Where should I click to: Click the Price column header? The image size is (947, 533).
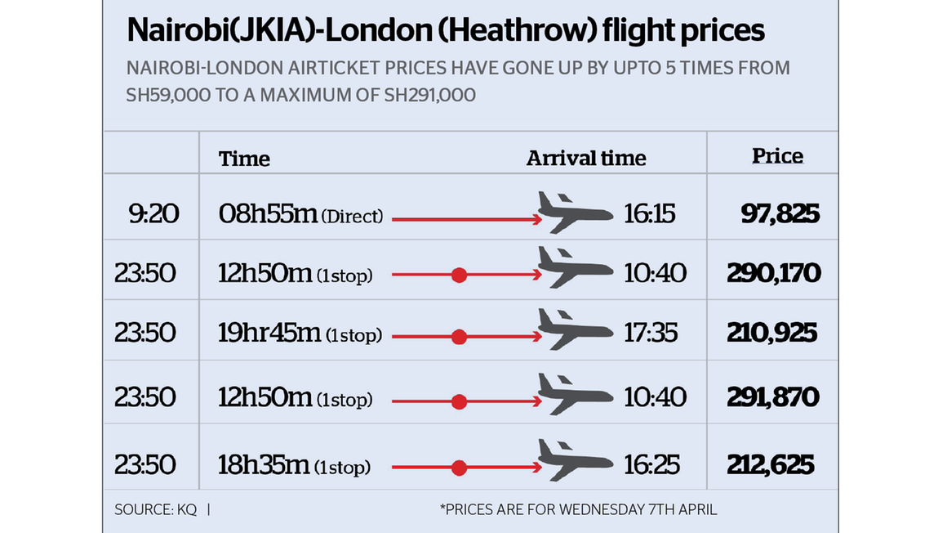point(777,156)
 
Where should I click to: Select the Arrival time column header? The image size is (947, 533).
point(585,159)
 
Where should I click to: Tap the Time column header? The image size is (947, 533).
point(244,159)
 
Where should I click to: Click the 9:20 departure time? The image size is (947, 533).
point(153,214)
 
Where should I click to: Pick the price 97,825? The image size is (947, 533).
point(780,214)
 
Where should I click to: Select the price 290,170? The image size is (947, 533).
point(773,273)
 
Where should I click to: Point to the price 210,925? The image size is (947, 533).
point(771,334)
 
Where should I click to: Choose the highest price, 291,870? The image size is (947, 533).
point(772,397)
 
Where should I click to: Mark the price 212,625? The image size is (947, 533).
point(770,465)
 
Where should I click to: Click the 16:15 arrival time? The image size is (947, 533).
point(649,214)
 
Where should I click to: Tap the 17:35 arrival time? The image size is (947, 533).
point(651,334)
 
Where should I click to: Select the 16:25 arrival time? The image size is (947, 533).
point(651,465)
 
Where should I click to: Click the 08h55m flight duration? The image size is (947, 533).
point(267,214)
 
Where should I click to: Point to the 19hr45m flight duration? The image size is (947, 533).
point(269,334)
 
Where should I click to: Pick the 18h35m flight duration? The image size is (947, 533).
point(263,465)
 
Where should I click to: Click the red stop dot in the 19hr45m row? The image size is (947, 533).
point(459,336)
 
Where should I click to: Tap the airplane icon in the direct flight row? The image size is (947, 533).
point(575,213)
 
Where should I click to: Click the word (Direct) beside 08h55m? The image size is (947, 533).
point(352,217)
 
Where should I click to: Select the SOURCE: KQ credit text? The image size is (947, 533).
point(155,509)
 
